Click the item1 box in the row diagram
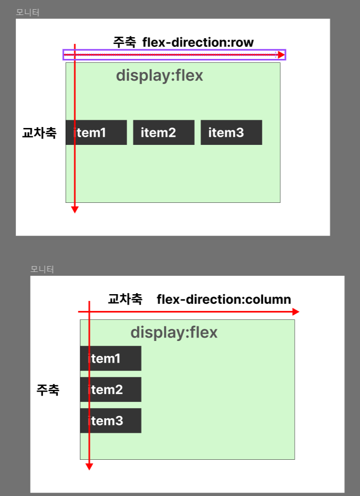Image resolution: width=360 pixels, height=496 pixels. (x=96, y=132)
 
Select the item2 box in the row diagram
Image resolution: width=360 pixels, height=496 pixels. (x=164, y=132)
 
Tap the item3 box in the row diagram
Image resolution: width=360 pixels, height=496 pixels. (x=231, y=132)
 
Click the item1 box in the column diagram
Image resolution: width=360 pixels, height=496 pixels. (x=111, y=358)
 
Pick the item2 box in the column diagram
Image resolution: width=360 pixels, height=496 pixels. (x=111, y=389)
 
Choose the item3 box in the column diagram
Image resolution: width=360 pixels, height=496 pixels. (x=111, y=421)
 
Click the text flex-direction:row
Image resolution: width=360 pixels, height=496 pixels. (x=198, y=43)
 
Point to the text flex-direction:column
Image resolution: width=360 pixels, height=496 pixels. (x=224, y=299)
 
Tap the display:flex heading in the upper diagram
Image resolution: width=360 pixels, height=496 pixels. (x=159, y=76)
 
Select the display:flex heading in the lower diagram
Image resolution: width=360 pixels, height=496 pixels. (x=174, y=333)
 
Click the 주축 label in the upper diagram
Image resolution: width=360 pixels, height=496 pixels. (x=125, y=43)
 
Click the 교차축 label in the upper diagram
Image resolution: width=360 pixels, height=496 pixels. (x=39, y=133)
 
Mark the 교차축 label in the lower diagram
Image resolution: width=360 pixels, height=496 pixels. (x=125, y=299)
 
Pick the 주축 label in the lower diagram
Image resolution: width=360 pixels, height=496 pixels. (x=48, y=390)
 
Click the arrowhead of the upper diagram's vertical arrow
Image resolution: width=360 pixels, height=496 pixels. (x=74, y=210)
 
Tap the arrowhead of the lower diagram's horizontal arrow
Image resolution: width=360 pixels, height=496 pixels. (x=296, y=312)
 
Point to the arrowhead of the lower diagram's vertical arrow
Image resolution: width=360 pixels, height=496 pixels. (x=89, y=466)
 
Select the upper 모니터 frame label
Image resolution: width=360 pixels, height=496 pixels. (x=28, y=13)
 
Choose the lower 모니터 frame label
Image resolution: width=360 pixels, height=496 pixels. (x=42, y=269)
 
